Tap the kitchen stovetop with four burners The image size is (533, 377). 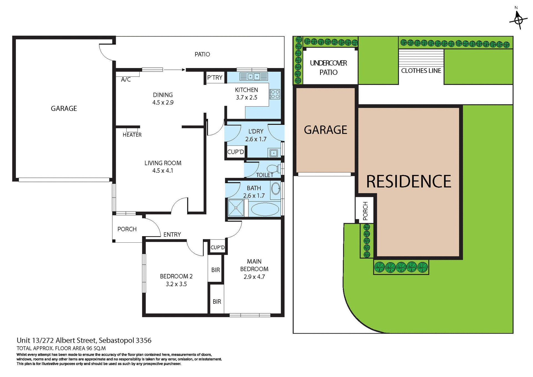coord(275,94)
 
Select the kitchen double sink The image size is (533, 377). coord(253,76)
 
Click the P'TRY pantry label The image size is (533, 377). coord(215,78)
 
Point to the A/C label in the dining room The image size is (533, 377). coord(126,80)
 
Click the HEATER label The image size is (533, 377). coord(132,135)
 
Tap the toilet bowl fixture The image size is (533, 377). coord(273,168)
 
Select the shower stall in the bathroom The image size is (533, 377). coord(236,208)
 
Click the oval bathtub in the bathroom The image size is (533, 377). coord(265,209)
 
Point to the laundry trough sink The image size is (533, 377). coord(274,153)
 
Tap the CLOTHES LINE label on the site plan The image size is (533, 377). coord(421,71)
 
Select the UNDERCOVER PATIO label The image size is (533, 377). coord(328,68)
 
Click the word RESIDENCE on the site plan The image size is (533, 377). coord(409,182)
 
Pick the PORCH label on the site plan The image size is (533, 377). coord(365,211)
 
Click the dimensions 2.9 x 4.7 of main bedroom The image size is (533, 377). coord(254,277)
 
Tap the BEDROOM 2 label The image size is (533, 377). coord(176,276)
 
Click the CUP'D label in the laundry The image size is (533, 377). coord(235,152)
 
